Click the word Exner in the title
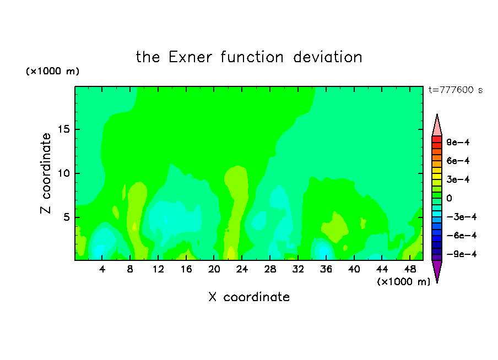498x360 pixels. pyautogui.click(x=190, y=57)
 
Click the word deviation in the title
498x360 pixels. pyautogui.click(x=328, y=57)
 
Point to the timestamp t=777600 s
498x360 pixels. pyautogui.click(x=456, y=90)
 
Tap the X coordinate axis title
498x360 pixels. pyautogui.click(x=249, y=297)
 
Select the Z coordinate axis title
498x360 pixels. pyautogui.click(x=45, y=173)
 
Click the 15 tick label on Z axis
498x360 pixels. pyautogui.click(x=64, y=129)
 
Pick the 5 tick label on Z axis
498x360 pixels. pyautogui.click(x=66, y=217)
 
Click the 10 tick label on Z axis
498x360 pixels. pyautogui.click(x=64, y=173)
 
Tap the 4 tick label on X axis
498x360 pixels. pyautogui.click(x=102, y=269)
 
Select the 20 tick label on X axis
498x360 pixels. pyautogui.click(x=214, y=269)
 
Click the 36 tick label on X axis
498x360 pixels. pyautogui.click(x=326, y=269)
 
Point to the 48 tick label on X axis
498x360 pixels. pyautogui.click(x=410, y=269)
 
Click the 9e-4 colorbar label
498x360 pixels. pyautogui.click(x=458, y=142)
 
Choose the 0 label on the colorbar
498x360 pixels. pyautogui.click(x=449, y=198)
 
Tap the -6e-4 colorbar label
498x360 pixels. pyautogui.click(x=462, y=236)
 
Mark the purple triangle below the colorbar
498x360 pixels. pyautogui.click(x=437, y=270)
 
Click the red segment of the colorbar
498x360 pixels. pyautogui.click(x=437, y=139)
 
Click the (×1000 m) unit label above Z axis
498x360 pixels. pyautogui.click(x=52, y=71)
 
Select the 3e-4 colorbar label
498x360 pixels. pyautogui.click(x=458, y=179)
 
